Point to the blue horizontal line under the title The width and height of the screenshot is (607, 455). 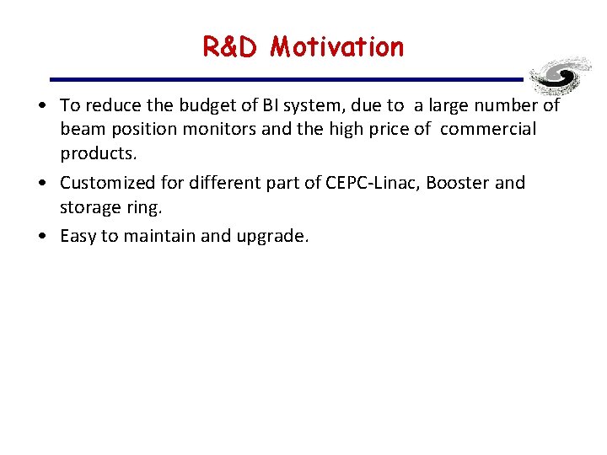coord(287,79)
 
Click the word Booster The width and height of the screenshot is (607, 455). coord(458,183)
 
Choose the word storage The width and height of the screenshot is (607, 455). coord(89,208)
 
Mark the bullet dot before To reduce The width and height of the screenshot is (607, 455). coord(41,106)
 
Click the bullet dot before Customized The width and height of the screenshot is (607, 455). coord(41,184)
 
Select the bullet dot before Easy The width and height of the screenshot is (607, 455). coord(41,236)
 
